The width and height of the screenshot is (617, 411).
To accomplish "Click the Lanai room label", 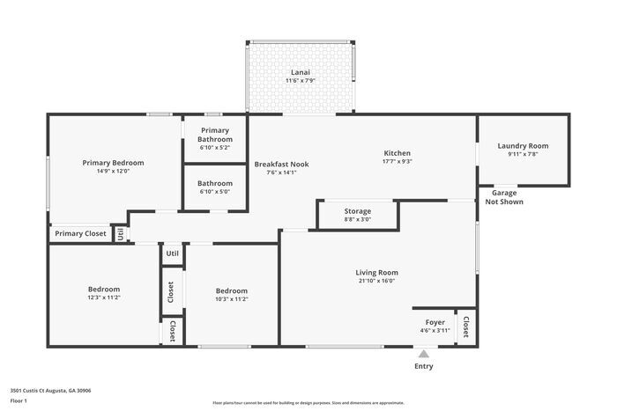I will pos(300,72).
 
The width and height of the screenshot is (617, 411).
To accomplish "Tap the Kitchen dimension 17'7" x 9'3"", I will pos(398,161).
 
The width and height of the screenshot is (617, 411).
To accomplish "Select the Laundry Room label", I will pos(523,146).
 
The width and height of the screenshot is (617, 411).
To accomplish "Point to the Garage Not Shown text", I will pos(504,197).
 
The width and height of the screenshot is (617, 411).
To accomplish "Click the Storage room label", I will pos(357,211).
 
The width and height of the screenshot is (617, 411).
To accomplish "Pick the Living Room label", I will pos(376,272).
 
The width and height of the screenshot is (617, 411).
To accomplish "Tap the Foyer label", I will pos(435,322).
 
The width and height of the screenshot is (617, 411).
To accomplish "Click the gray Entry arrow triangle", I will pos(423,354).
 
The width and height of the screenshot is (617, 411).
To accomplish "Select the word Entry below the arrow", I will pos(423,366).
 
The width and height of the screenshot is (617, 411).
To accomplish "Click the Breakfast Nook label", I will pos(281,164).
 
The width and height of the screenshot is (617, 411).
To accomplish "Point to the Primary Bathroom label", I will pos(215,135).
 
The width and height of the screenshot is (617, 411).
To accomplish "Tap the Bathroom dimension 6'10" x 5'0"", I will pos(215,191).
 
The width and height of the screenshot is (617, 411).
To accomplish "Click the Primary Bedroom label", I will pos(113,163).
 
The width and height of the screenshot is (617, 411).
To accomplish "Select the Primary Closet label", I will pos(80,233).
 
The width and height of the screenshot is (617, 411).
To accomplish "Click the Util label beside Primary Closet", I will pos(121,234).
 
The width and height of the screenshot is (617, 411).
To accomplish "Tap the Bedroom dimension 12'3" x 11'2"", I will pos(104,297).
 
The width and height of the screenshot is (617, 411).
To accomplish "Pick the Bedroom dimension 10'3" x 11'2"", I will pos(232,298).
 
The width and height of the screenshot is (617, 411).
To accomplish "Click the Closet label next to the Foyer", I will pos(465,327).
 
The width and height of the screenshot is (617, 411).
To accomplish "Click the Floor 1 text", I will pos(19,400).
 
